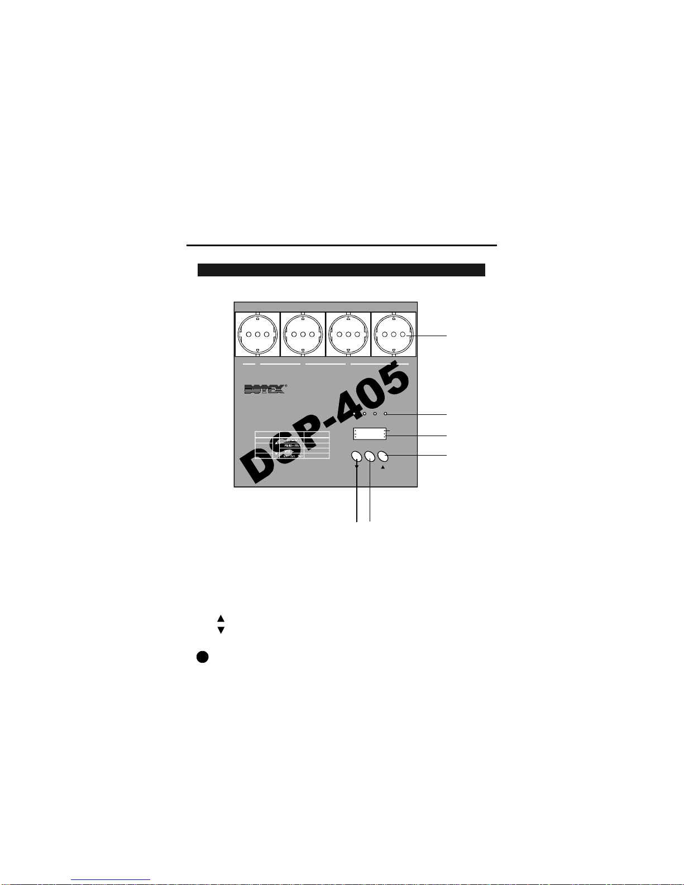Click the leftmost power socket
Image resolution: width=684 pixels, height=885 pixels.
click(257, 334)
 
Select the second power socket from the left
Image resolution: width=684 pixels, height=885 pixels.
click(303, 334)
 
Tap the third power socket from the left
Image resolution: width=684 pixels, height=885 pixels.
click(348, 334)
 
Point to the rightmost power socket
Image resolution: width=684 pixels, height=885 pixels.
click(394, 334)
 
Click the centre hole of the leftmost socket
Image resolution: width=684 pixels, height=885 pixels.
click(257, 334)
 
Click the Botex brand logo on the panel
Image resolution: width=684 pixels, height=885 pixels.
click(265, 389)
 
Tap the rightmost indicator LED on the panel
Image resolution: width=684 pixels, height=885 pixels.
click(385, 414)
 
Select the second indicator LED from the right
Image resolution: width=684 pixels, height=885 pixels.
click(375, 414)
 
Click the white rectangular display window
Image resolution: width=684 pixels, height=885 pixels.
click(370, 434)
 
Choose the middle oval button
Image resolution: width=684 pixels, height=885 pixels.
click(370, 456)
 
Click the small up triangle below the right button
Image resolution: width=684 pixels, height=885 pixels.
click(382, 468)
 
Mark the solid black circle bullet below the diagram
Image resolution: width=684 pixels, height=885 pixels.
click(202, 657)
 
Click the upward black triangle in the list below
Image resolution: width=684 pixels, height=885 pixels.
click(221, 618)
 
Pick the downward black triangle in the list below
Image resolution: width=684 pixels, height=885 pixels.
click(221, 630)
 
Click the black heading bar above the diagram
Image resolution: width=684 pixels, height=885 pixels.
click(341, 270)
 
